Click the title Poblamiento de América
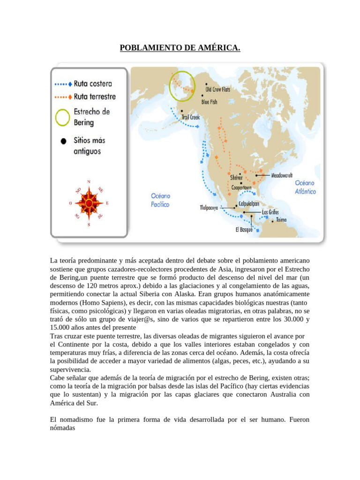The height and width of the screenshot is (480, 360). tap(180, 48)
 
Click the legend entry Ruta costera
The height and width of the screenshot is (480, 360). tap(93, 84)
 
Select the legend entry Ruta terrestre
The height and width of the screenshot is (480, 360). tap(95, 97)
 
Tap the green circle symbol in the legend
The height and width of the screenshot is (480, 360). tap(62, 117)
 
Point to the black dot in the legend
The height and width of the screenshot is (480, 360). tap(62, 141)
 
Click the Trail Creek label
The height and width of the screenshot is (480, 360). tap(190, 117)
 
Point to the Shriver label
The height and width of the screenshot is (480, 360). tap(236, 178)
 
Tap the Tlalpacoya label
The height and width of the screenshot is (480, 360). tap(209, 207)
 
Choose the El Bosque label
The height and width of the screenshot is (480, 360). tap(244, 230)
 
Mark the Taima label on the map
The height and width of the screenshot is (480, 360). tap(281, 219)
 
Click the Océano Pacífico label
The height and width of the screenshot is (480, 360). tap(160, 200)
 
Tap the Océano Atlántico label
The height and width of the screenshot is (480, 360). tap(306, 187)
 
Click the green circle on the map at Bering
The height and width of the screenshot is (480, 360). tap(182, 86)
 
